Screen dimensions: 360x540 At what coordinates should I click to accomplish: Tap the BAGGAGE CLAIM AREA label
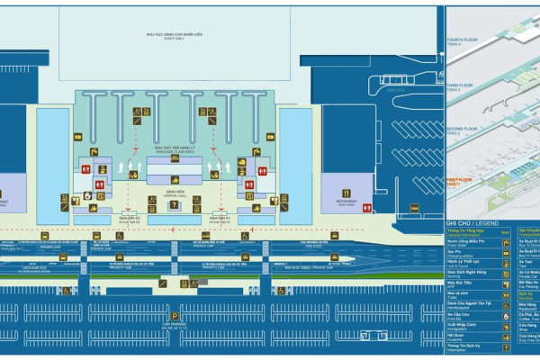point(175,150)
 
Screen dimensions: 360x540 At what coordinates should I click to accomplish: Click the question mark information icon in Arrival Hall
point(174,205)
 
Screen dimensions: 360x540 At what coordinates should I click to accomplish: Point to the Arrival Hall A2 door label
point(130,218)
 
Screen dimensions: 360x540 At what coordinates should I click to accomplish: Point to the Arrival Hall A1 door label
point(221,218)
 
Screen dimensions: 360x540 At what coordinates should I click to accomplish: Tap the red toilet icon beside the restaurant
point(366,208)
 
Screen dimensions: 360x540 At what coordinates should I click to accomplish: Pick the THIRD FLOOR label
point(460,86)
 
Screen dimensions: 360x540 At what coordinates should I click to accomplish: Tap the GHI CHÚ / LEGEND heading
point(471,222)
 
